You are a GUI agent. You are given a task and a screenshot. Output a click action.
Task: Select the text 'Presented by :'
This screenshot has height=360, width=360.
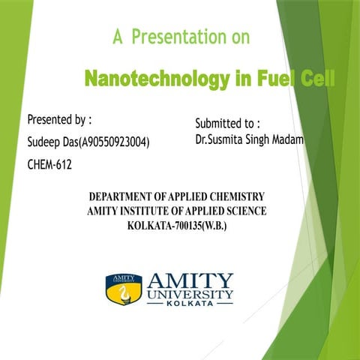coord(59,120)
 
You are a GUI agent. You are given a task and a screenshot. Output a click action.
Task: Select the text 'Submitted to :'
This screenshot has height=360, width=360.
coord(227,122)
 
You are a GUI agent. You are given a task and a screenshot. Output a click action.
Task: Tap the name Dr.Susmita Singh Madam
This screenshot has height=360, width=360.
coord(248,139)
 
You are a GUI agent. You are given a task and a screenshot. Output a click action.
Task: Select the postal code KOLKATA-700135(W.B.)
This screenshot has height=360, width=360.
coord(178,226)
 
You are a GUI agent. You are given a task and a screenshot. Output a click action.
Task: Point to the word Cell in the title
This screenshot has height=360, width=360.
coord(314,78)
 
